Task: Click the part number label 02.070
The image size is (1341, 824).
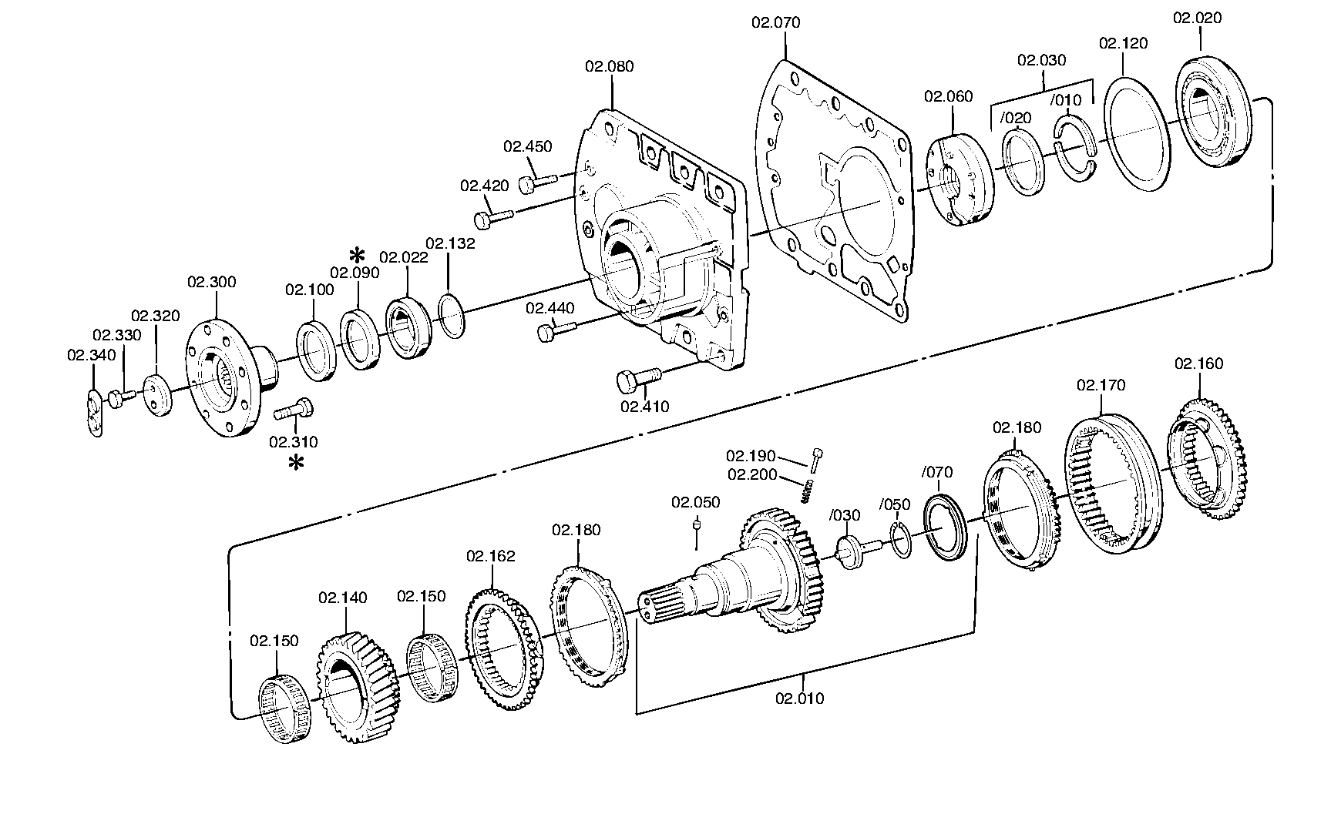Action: click(x=776, y=23)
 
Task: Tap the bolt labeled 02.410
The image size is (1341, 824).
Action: click(x=639, y=378)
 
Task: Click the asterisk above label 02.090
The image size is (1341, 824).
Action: click(x=357, y=256)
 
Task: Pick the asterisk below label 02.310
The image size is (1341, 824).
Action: click(x=296, y=463)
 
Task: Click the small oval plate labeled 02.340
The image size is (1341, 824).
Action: click(x=94, y=413)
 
